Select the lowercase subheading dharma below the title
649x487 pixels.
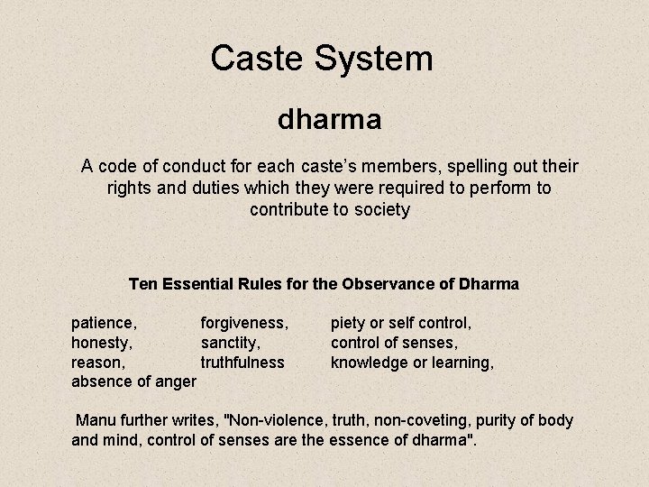click(x=329, y=119)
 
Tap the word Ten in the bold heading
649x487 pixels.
click(x=145, y=284)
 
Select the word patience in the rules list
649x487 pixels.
click(x=104, y=322)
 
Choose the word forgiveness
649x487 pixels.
click(x=244, y=322)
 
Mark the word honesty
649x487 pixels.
click(x=102, y=343)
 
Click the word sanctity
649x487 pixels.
click(x=231, y=343)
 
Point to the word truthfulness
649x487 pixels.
click(x=242, y=363)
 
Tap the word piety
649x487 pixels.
click(x=351, y=322)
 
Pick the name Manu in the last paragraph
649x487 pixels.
click(x=96, y=421)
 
